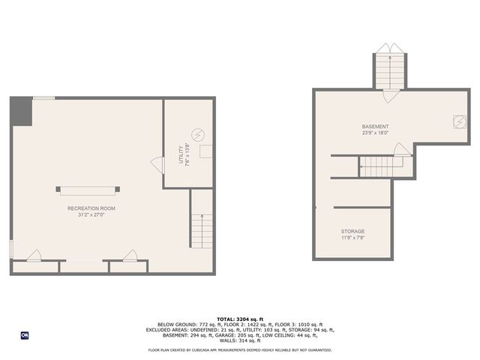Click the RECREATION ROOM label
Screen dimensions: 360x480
[91, 208]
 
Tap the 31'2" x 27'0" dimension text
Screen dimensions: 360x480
[91, 215]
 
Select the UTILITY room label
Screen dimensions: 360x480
[180, 155]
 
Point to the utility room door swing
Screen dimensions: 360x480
[157, 164]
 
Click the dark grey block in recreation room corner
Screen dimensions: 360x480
[21, 112]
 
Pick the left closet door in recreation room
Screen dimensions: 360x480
[34, 256]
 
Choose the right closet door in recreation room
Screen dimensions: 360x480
[131, 256]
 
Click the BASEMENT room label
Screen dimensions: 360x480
[375, 127]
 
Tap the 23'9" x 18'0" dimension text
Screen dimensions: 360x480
[375, 133]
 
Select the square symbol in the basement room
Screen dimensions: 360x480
[457, 121]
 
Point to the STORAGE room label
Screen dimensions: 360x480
[352, 232]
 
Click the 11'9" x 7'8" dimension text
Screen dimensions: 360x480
[352, 238]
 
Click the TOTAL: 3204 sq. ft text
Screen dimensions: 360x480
[239, 319]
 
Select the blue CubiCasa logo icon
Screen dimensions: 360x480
[25, 334]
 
